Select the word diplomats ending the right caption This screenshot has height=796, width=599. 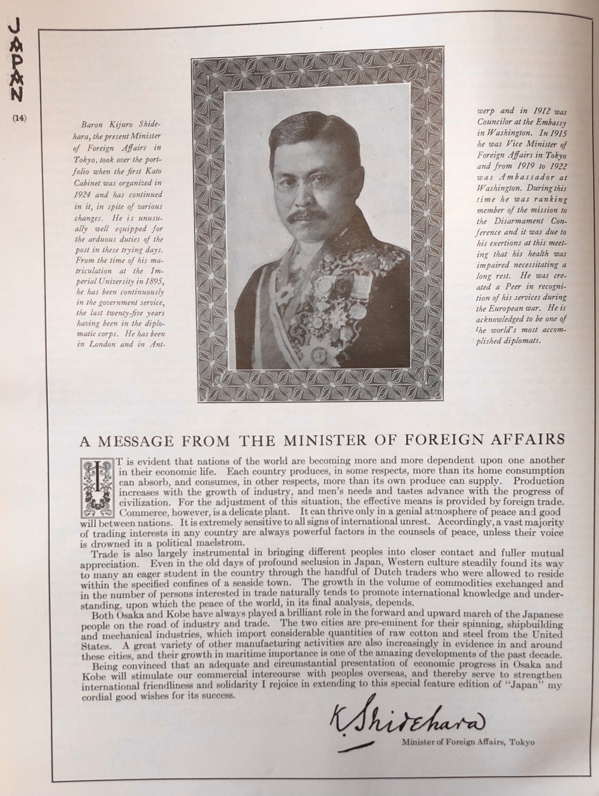(519, 340)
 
